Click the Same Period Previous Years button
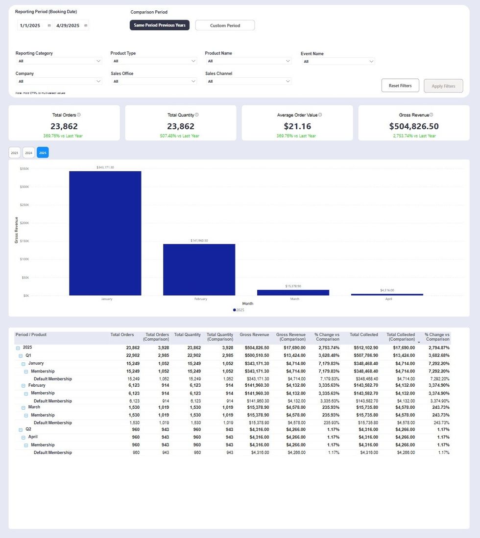[160, 25]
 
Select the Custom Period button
[225, 25]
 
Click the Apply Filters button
[443, 86]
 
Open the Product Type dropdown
[154, 61]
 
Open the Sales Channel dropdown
[248, 81]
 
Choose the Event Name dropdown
[338, 62]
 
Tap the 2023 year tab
[15, 153]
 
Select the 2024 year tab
[28, 153]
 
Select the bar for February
[199, 269]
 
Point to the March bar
[293, 292]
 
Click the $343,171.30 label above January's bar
[105, 167]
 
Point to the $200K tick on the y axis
[24, 223]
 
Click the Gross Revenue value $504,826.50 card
[413, 126]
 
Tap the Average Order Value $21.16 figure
[297, 126]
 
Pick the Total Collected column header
[363, 335]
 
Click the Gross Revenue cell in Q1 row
[254, 355]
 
